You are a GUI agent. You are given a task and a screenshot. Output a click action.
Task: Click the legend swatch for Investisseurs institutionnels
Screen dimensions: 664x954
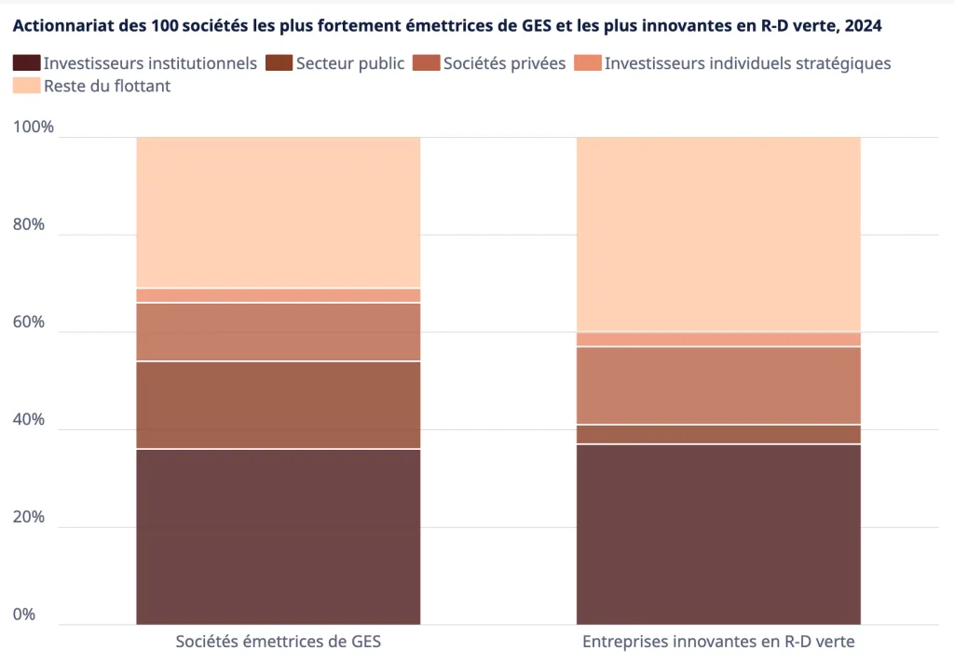click(27, 63)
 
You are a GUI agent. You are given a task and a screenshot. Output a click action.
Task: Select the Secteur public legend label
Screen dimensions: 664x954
click(349, 63)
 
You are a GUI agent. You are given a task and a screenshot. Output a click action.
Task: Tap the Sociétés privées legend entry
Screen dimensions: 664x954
click(504, 63)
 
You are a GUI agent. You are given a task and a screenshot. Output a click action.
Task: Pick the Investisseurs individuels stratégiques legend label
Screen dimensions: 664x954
click(747, 63)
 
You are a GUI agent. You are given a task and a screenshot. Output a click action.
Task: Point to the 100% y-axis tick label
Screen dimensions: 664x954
click(34, 128)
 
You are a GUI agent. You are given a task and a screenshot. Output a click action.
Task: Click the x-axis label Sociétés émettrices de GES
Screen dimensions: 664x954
click(278, 642)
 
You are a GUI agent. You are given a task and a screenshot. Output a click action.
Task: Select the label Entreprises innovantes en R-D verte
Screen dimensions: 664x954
click(718, 642)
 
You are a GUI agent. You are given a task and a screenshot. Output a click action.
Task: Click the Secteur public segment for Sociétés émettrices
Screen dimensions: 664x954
click(278, 405)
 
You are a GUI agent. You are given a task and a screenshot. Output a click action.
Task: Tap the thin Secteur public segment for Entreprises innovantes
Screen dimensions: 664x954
click(718, 434)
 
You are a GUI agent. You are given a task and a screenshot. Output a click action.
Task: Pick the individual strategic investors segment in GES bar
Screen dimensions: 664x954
click(278, 295)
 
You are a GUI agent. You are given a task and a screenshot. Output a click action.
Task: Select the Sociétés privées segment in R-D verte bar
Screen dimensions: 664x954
click(718, 386)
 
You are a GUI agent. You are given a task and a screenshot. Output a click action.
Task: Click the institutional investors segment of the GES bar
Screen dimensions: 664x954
click(278, 536)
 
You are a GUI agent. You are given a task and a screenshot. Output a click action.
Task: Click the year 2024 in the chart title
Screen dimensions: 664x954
click(862, 27)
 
